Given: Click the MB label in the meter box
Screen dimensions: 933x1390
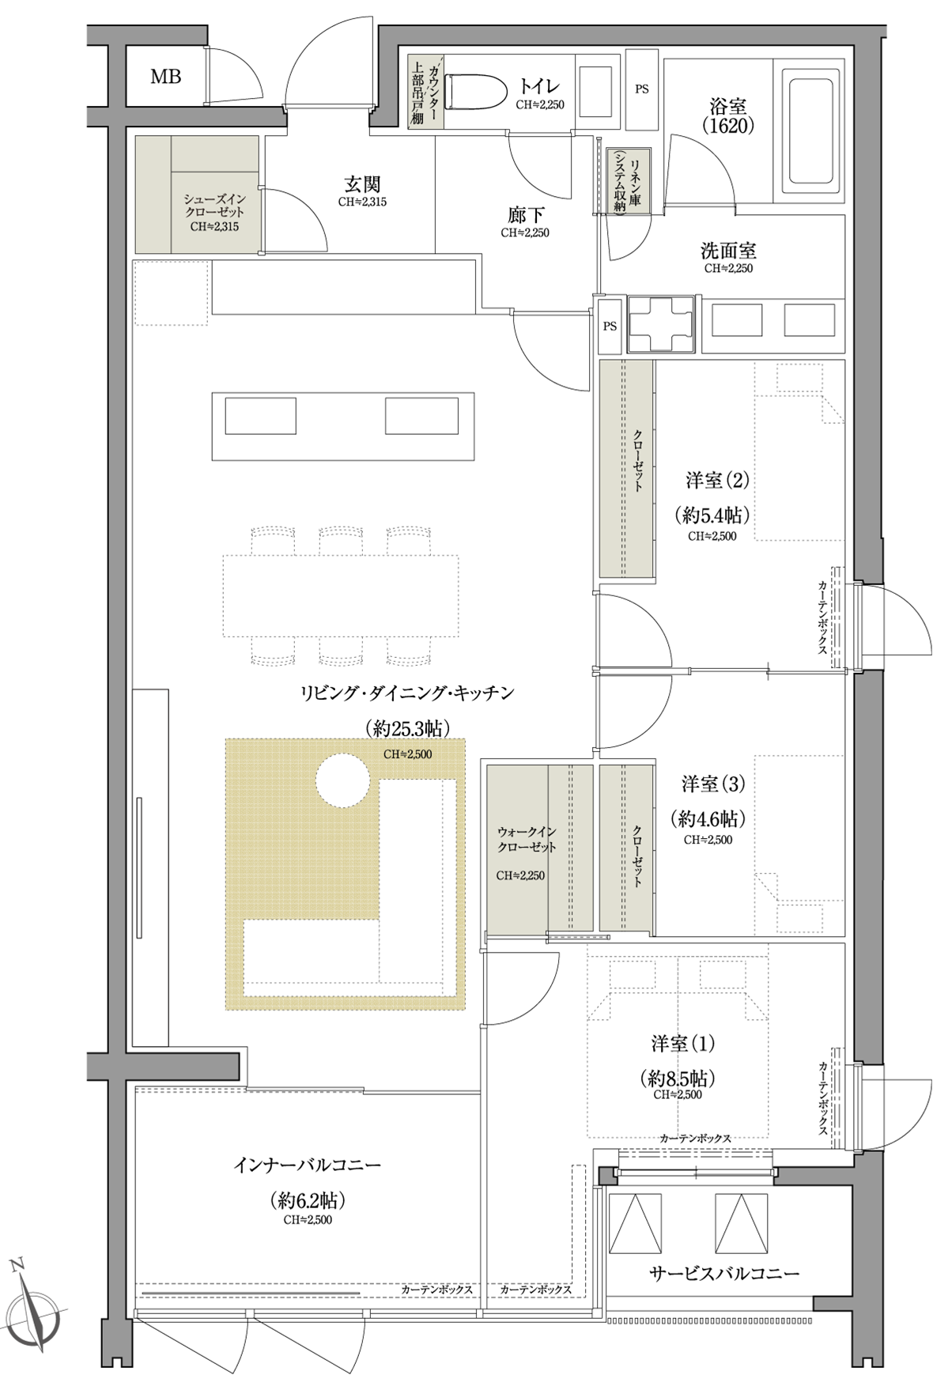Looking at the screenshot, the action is click(166, 77).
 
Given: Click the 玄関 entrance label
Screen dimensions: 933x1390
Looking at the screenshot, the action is click(362, 184).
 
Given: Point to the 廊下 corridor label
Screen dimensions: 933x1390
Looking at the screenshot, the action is click(525, 215).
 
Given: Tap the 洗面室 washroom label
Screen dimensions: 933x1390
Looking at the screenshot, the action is click(728, 251).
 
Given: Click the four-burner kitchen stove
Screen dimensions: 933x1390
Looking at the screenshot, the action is click(661, 324).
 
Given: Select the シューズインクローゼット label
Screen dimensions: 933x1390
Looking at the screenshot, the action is click(214, 206).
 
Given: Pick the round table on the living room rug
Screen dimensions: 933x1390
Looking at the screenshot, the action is click(342, 780).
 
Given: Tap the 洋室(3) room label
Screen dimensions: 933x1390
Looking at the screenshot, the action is click(713, 784).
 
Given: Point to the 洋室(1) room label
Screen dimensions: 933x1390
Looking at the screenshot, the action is click(683, 1044).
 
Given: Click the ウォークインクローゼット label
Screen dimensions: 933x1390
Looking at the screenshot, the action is click(527, 840).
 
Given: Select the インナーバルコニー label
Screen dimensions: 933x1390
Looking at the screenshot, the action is click(308, 1165).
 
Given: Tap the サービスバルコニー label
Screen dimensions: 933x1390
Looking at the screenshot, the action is click(724, 1274).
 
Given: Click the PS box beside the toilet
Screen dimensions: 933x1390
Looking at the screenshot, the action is click(641, 89).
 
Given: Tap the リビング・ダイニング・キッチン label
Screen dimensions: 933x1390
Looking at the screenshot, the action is click(407, 693).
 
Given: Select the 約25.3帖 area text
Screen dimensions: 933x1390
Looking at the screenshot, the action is click(407, 727).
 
